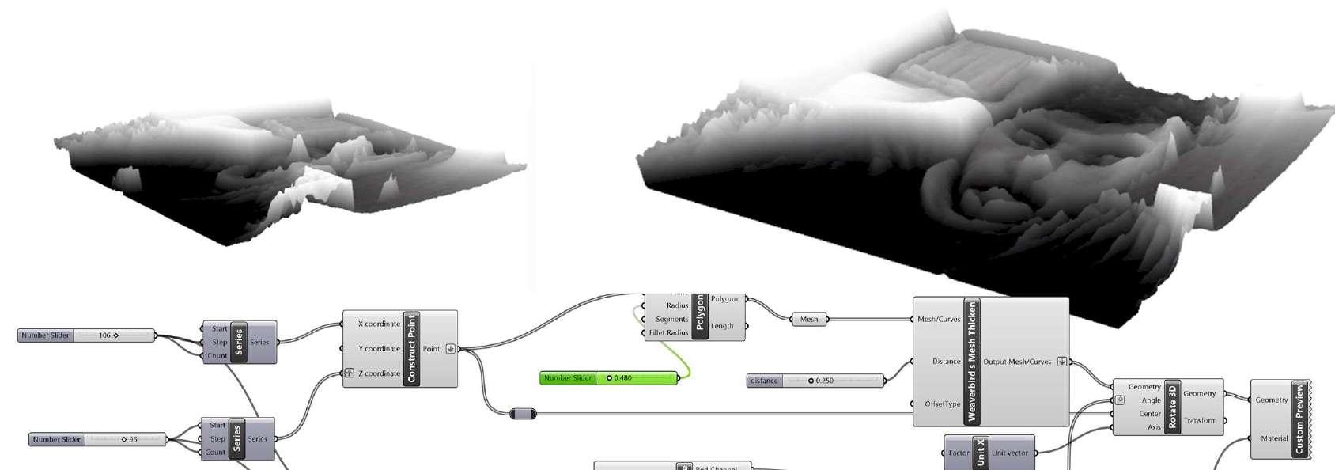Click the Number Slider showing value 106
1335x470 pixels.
click(x=85, y=335)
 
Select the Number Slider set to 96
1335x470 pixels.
click(x=97, y=439)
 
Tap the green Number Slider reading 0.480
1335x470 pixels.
click(x=608, y=378)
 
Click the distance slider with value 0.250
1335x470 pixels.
click(x=815, y=381)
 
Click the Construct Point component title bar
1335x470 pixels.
click(x=410, y=348)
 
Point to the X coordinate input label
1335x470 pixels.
click(x=379, y=324)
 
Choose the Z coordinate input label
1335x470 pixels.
click(x=379, y=373)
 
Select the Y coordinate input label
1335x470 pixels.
click(x=379, y=348)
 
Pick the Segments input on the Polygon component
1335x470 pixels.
click(x=671, y=320)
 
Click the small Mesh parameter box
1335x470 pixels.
click(x=808, y=320)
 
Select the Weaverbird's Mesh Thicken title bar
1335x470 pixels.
click(x=972, y=362)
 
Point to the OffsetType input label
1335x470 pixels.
click(x=943, y=404)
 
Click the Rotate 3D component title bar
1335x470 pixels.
click(x=1172, y=407)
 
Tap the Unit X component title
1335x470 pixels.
click(x=980, y=453)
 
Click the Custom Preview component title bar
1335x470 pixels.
click(x=1298, y=419)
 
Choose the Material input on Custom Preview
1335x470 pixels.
click(x=1274, y=438)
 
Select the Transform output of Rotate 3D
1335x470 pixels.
click(x=1200, y=420)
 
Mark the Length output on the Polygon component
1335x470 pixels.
click(x=722, y=326)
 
